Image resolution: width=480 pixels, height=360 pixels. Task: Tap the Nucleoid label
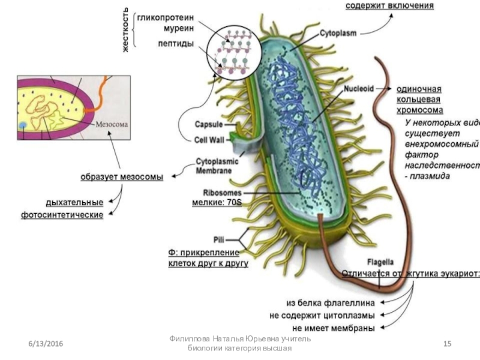point(359,88)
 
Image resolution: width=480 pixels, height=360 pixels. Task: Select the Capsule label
point(208,125)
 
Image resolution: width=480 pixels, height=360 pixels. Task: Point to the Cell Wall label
point(208,139)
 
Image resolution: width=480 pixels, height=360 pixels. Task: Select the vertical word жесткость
point(127,29)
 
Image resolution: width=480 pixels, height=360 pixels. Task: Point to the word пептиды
point(175,43)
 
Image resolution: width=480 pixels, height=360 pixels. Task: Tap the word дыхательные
point(74,202)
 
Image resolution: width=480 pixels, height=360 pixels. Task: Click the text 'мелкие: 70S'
point(217,203)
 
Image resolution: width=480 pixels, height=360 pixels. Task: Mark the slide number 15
point(447,343)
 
